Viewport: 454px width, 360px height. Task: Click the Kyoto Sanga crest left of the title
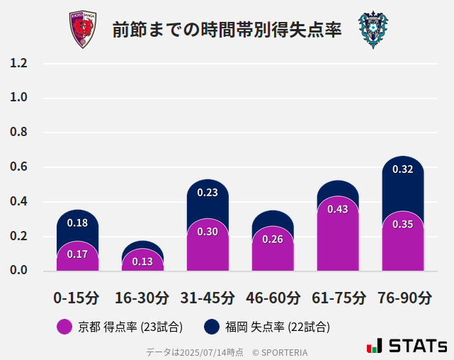click(82, 30)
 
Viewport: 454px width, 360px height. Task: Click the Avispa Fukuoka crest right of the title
click(373, 30)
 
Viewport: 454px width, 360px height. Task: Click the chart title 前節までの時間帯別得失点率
click(227, 30)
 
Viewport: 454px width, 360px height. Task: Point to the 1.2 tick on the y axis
click(19, 64)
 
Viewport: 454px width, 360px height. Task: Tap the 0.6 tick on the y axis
click(19, 167)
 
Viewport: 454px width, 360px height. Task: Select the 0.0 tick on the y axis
click(19, 271)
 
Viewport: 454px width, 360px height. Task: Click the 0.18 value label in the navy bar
click(77, 223)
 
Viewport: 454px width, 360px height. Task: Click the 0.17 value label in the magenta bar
click(77, 254)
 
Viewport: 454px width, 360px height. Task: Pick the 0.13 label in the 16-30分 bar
click(142, 261)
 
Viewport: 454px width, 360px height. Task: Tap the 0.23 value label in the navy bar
click(208, 192)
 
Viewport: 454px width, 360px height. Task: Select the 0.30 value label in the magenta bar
click(208, 232)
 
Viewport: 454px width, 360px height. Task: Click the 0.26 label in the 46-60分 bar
click(273, 240)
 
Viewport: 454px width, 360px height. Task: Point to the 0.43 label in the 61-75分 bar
click(338, 209)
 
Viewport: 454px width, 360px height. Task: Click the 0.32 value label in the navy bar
click(402, 169)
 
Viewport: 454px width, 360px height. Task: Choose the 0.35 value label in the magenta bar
click(402, 224)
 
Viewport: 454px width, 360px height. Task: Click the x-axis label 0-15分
click(76, 298)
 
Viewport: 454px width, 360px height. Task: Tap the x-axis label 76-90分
click(404, 298)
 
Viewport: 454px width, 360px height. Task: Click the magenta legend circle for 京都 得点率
click(64, 327)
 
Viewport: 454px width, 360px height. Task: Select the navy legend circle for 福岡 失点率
click(211, 327)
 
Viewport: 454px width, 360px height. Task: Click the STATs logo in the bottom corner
click(407, 347)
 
